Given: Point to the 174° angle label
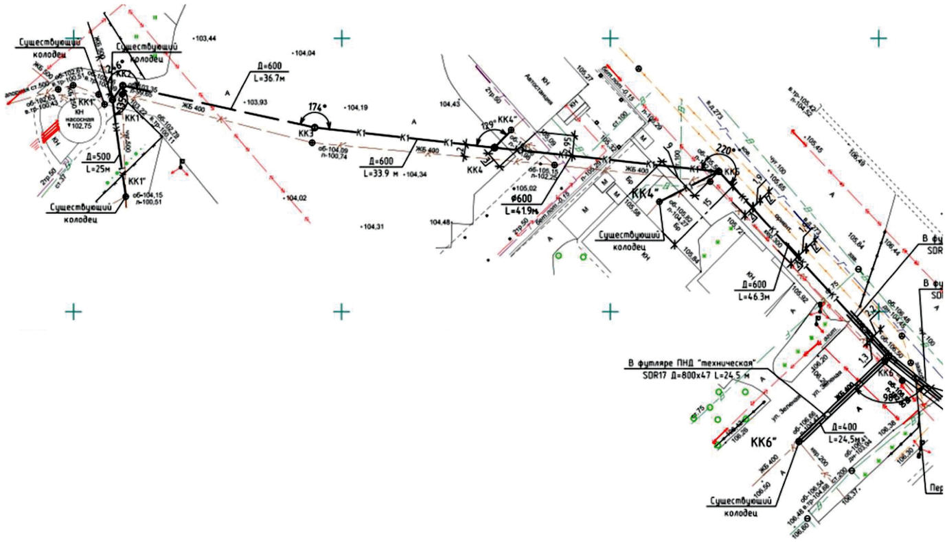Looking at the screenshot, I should [315, 107].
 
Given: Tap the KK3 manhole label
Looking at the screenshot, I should [306, 133].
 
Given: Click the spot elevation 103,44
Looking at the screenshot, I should [205, 38].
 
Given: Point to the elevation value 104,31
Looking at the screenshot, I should [373, 226].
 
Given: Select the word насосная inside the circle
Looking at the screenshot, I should [79, 117].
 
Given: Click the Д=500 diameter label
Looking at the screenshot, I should [95, 156].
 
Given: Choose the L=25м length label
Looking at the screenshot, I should [95, 167].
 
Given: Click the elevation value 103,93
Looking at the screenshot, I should [255, 102].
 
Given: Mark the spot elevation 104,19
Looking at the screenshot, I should [357, 108].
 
